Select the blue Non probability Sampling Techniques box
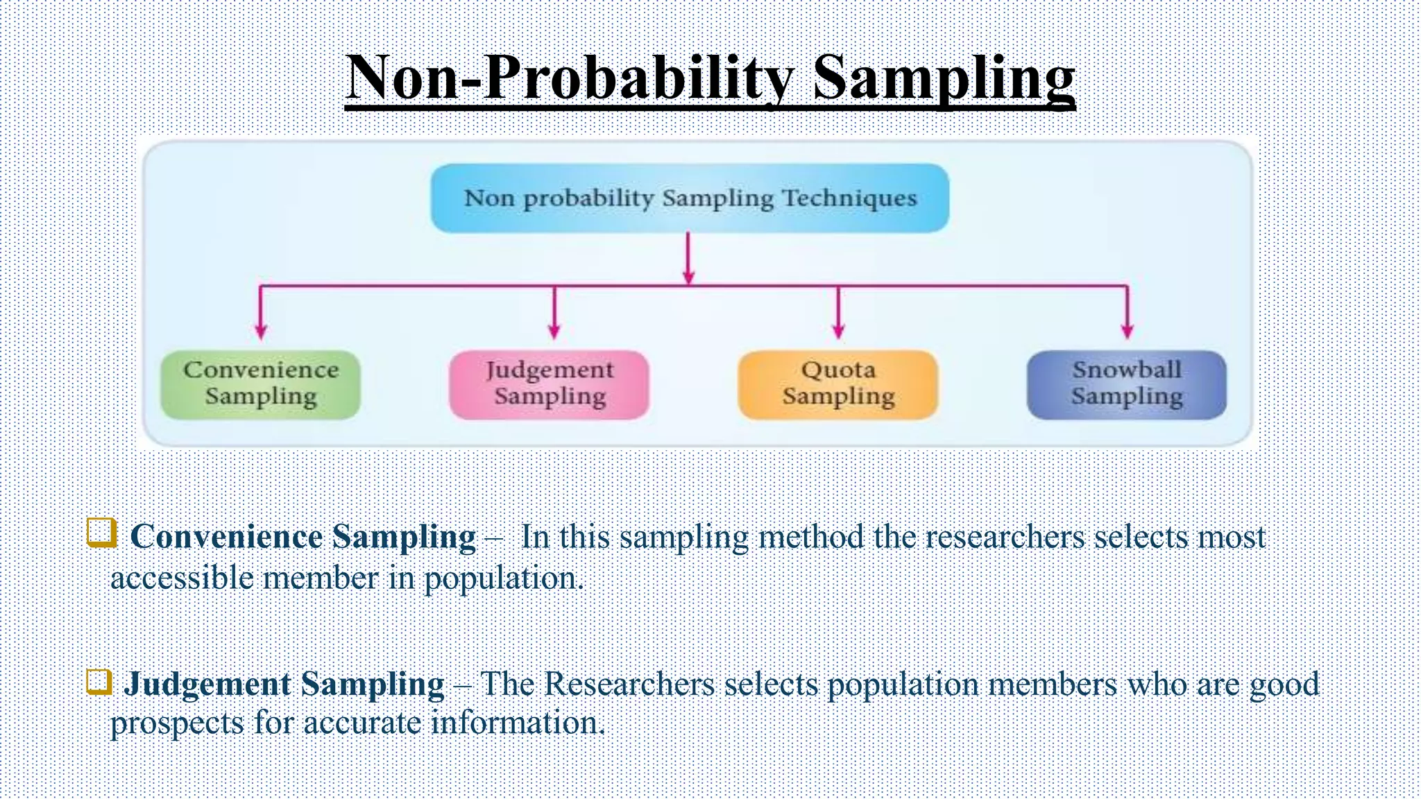(x=690, y=198)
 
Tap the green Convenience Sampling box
(x=261, y=384)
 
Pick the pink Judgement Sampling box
(x=550, y=384)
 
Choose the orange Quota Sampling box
(x=838, y=384)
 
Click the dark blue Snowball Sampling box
(x=1127, y=384)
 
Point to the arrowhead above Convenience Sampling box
(x=261, y=331)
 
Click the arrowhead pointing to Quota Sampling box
(x=838, y=331)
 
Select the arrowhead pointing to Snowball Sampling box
(x=1128, y=331)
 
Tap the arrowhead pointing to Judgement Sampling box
(x=554, y=331)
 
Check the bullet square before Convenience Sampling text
(x=101, y=533)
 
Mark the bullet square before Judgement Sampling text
(x=99, y=681)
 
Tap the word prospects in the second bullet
(x=176, y=723)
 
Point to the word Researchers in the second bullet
(x=629, y=684)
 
